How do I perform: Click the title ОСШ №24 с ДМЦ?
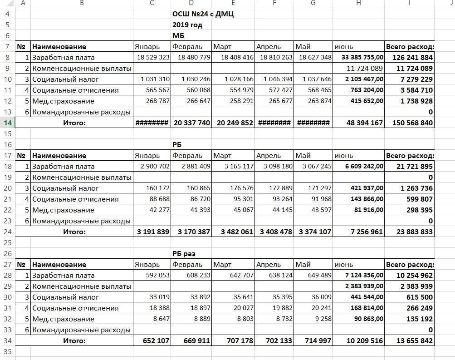click(x=203, y=14)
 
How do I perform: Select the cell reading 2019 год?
click(x=187, y=25)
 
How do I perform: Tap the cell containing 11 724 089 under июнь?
click(x=364, y=69)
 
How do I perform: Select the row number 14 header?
click(x=7, y=123)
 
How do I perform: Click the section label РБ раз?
click(x=184, y=254)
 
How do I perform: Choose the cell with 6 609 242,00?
click(x=364, y=167)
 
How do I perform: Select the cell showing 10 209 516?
click(x=364, y=341)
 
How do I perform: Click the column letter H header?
click(x=358, y=3)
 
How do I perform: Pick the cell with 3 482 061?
click(x=234, y=232)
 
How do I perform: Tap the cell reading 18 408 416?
click(x=234, y=58)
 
